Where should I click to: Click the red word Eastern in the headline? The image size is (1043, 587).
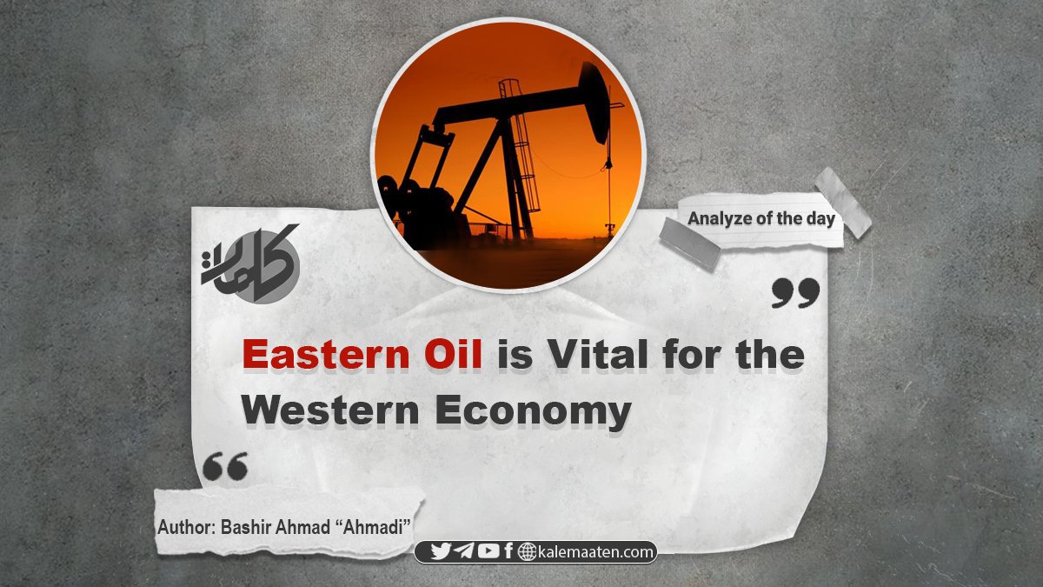(325, 355)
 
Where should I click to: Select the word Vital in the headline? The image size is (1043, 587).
(598, 355)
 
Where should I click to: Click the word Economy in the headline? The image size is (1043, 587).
(533, 412)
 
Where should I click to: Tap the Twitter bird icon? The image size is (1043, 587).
(440, 551)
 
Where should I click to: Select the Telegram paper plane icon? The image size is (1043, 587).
(464, 551)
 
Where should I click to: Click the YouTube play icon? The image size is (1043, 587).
(488, 551)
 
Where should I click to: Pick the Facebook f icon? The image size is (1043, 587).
(508, 551)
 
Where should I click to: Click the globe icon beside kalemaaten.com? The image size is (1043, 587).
(527, 552)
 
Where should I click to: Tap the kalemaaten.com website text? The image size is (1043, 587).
(596, 552)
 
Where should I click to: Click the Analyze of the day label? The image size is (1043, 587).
(761, 218)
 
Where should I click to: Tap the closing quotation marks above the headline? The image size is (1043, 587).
(795, 293)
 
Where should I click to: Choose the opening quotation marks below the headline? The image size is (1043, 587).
(225, 466)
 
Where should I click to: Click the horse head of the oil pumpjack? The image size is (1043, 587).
(595, 103)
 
